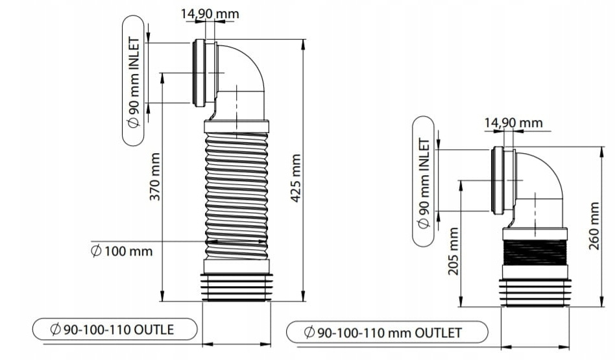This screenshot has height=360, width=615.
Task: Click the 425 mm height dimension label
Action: (x=296, y=178)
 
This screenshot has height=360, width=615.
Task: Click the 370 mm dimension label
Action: (x=155, y=176)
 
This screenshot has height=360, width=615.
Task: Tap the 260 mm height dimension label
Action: (x=595, y=225)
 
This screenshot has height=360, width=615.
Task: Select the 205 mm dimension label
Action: (x=453, y=250)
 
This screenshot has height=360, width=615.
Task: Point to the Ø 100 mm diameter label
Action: (x=122, y=250)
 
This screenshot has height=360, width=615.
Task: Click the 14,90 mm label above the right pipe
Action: (x=513, y=122)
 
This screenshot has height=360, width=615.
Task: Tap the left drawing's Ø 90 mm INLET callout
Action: (x=134, y=81)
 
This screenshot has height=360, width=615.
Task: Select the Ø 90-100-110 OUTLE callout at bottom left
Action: (x=114, y=330)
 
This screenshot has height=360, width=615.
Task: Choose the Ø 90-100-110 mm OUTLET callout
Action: (x=387, y=333)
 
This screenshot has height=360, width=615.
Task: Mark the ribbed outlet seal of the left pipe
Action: (x=236, y=287)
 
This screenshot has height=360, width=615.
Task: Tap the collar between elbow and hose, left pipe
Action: (x=236, y=126)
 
